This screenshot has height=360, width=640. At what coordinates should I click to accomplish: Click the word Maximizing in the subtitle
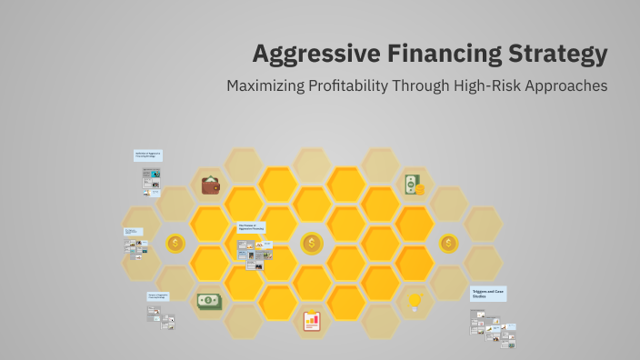pyautogui.click(x=267, y=86)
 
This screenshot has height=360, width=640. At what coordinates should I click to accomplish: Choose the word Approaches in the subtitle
pyautogui.click(x=568, y=86)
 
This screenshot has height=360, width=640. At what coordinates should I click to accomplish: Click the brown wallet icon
pyautogui.click(x=211, y=185)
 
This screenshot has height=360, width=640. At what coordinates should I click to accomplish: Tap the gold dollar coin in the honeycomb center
pyautogui.click(x=313, y=243)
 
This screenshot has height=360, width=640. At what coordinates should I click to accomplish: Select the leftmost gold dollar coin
pyautogui.click(x=176, y=243)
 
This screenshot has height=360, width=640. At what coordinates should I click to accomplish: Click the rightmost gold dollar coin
pyautogui.click(x=449, y=243)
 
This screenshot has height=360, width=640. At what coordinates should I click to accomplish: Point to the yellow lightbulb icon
pyautogui.click(x=415, y=299)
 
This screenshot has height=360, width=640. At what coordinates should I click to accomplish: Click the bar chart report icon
pyautogui.click(x=312, y=321)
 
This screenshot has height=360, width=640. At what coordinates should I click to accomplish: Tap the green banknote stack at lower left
pyautogui.click(x=209, y=300)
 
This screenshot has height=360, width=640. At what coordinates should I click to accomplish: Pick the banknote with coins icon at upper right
pyautogui.click(x=415, y=185)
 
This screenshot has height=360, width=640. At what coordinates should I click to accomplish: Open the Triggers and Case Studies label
pyautogui.click(x=488, y=294)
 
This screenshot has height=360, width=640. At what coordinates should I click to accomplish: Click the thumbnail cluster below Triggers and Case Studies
pyautogui.click(x=493, y=326)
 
